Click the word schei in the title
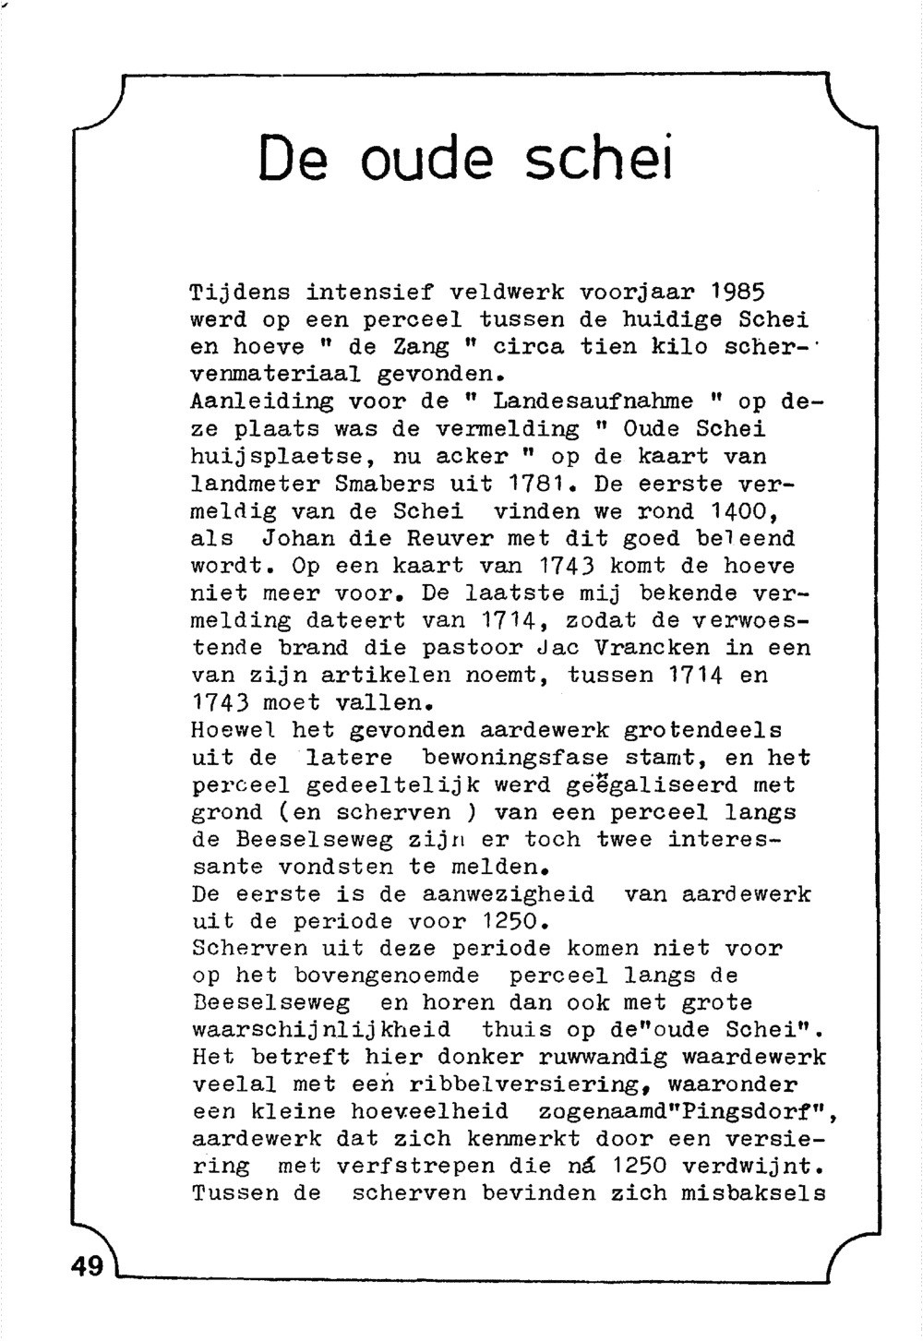pyautogui.click(x=599, y=158)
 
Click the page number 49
pyautogui.click(x=88, y=1266)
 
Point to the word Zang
pyautogui.click(x=421, y=347)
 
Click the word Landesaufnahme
pyautogui.click(x=593, y=401)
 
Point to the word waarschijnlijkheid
pyautogui.click(x=320, y=1030)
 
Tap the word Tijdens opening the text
pyautogui.click(x=239, y=293)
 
